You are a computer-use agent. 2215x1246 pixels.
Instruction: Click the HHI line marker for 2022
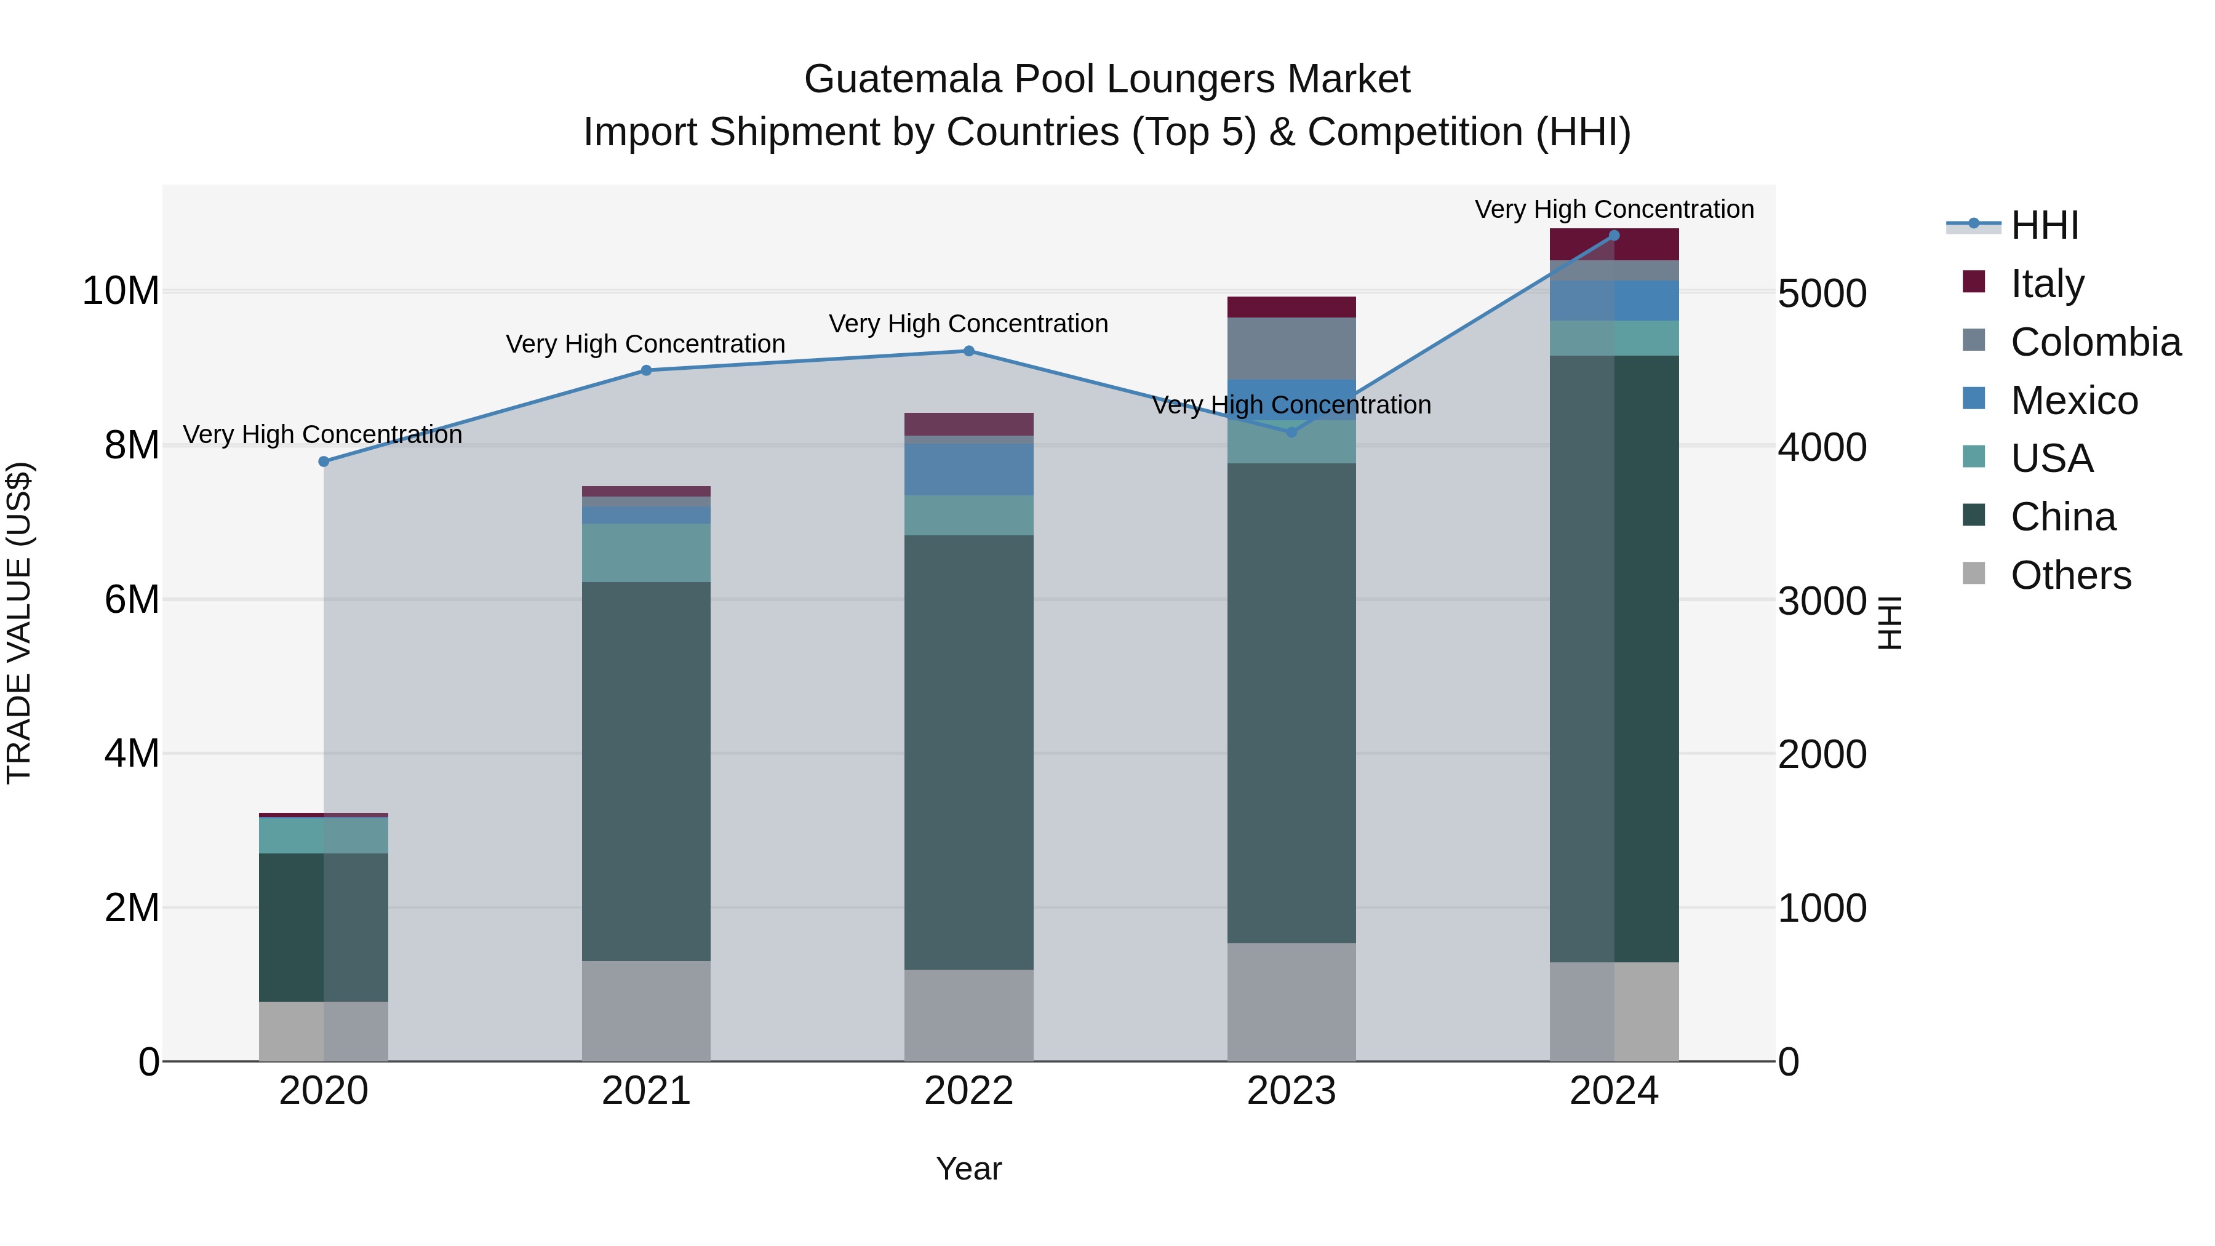(x=968, y=351)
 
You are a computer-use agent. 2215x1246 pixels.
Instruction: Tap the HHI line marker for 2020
(x=323, y=461)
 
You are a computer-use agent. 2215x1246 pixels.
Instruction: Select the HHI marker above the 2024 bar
(x=1613, y=236)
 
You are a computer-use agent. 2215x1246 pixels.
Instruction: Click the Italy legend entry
(x=2046, y=283)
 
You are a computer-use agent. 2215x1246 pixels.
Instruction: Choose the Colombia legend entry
(x=2094, y=341)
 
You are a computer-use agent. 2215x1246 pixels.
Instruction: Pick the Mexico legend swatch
(x=1974, y=399)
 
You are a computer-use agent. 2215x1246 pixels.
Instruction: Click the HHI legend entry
(x=2044, y=225)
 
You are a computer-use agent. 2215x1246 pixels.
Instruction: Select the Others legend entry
(x=2070, y=575)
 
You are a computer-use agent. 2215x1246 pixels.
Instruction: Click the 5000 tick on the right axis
(x=1821, y=294)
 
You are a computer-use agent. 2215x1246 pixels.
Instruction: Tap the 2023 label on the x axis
(x=1291, y=1091)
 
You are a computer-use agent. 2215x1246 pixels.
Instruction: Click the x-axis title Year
(x=968, y=1168)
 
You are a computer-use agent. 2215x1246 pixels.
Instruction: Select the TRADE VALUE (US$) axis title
(x=19, y=623)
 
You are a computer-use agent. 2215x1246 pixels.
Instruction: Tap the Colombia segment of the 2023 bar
(x=1291, y=348)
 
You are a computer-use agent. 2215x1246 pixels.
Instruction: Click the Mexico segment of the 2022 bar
(x=968, y=469)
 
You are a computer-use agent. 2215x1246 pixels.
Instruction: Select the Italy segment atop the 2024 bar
(x=1613, y=245)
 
